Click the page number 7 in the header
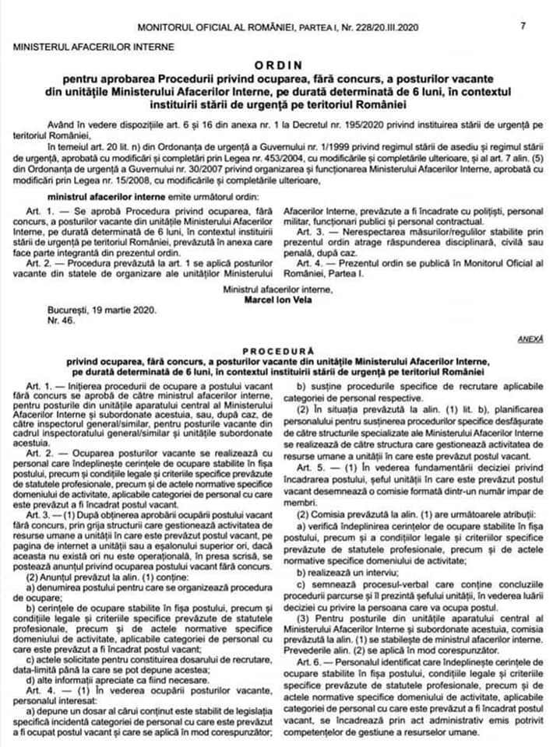[523, 26]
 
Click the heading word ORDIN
[277, 65]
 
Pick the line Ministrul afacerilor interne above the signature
[276, 289]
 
